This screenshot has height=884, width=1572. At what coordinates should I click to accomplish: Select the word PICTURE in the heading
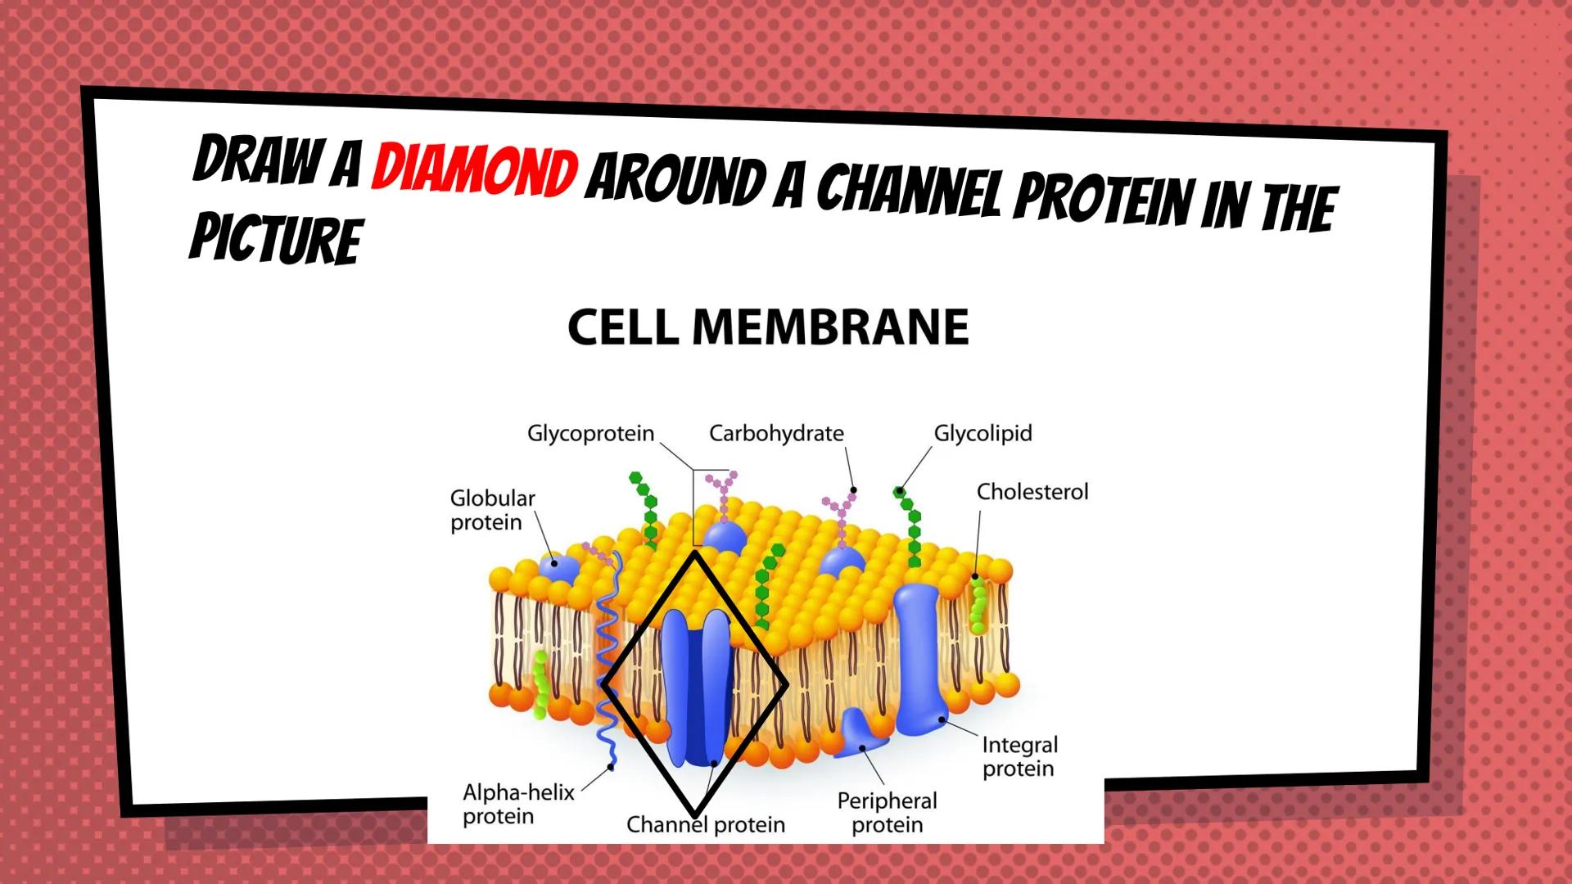pyautogui.click(x=276, y=238)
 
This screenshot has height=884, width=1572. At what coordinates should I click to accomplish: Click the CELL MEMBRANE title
pyautogui.click(x=768, y=327)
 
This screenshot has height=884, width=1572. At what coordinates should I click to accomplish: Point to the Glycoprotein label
pyautogui.click(x=590, y=433)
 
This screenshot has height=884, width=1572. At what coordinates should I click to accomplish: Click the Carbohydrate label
pyautogui.click(x=776, y=433)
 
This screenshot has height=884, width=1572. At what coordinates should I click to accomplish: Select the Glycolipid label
pyautogui.click(x=982, y=433)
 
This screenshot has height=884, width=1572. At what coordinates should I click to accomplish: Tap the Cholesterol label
pyautogui.click(x=1032, y=492)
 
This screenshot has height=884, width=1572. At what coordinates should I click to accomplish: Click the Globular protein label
pyautogui.click(x=492, y=510)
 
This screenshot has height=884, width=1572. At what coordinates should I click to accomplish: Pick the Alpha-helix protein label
pyautogui.click(x=518, y=804)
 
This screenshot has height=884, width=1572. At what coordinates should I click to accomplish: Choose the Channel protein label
pyautogui.click(x=705, y=824)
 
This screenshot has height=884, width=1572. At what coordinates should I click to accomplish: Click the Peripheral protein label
pyautogui.click(x=887, y=812)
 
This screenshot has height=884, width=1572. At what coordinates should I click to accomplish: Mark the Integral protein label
pyautogui.click(x=1019, y=756)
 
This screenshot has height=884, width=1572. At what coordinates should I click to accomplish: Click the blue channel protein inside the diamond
pyautogui.click(x=696, y=688)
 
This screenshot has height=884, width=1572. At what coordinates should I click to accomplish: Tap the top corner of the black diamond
pyautogui.click(x=694, y=553)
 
